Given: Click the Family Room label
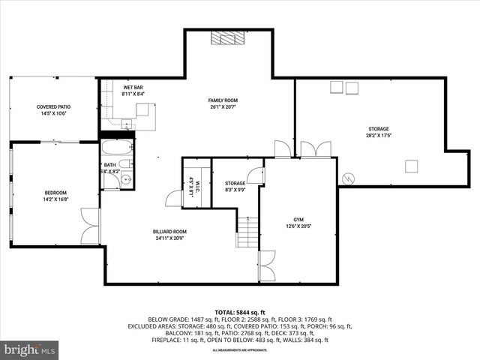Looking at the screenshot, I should click(223, 100).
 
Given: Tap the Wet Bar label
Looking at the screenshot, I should click(133, 88).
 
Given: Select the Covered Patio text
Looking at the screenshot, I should click(52, 107).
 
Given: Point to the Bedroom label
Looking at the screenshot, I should click(55, 193).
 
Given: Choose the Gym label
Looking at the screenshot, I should click(298, 219).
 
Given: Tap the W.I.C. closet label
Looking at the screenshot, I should click(191, 184).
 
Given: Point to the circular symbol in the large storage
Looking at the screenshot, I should click(348, 178).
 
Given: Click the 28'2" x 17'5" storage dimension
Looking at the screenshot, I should click(378, 136).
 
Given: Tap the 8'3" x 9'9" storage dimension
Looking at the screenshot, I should click(235, 190).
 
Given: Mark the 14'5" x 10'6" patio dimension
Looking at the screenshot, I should click(52, 114).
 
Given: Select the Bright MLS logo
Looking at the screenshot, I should click(30, 349).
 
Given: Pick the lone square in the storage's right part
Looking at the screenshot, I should click(410, 166).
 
